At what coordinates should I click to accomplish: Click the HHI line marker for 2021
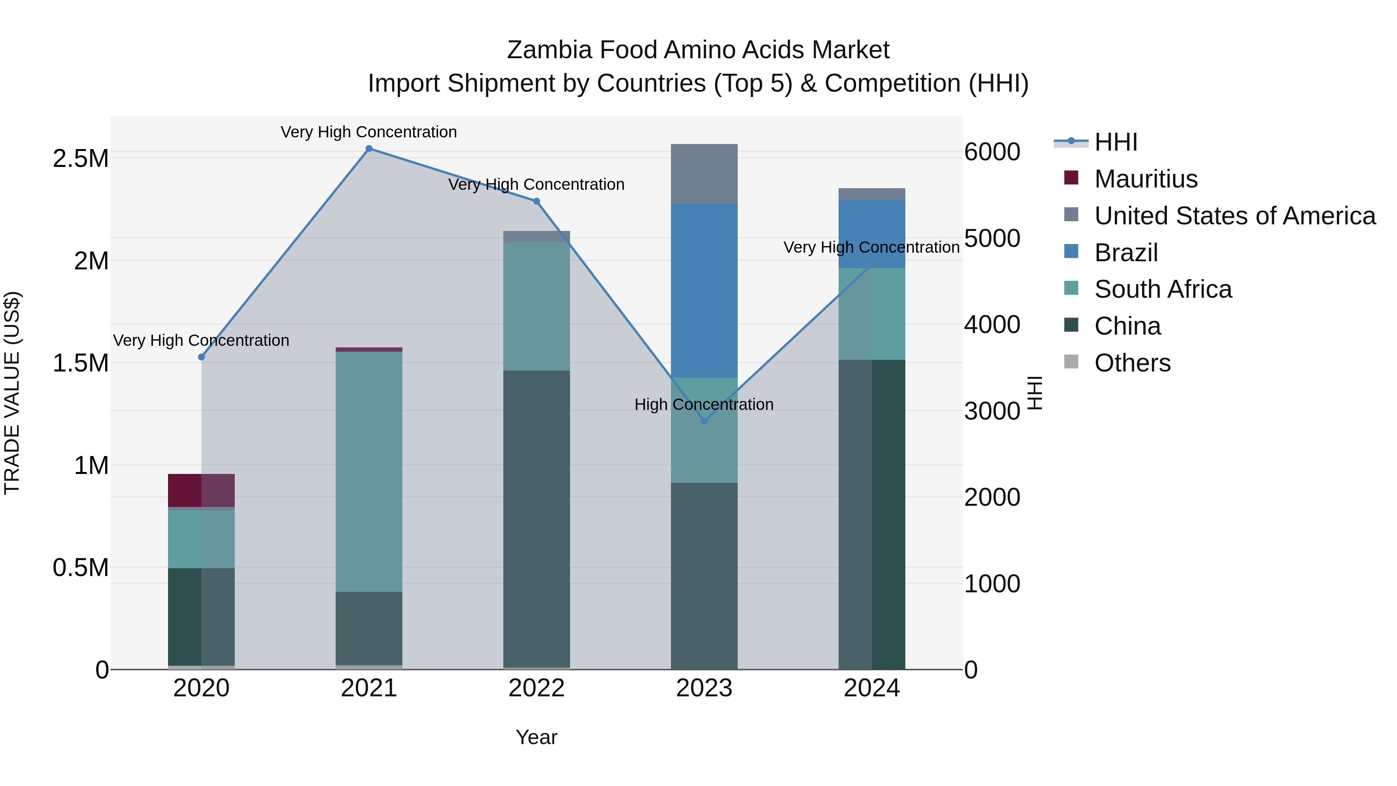coord(369,149)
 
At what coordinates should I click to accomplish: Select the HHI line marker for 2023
coord(704,421)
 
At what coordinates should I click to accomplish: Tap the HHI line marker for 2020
coord(201,357)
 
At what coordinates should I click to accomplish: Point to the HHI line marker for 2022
coord(536,201)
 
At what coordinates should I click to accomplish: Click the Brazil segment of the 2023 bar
coord(704,290)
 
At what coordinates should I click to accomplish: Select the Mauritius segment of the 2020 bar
coord(201,490)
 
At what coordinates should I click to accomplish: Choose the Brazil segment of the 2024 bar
coord(872,233)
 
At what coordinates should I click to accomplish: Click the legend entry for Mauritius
coord(1146,179)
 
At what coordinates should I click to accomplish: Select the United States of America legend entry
coord(1234,216)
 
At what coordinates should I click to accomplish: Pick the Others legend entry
coord(1132,363)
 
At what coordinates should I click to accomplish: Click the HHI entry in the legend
coord(1116,142)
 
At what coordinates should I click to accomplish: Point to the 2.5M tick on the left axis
coord(81,159)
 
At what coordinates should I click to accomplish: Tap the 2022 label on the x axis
coord(536,688)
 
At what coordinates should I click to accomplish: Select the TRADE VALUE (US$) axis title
coord(12,393)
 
